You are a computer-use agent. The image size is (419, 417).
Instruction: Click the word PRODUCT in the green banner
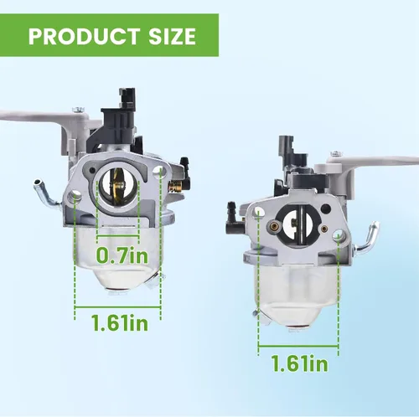click(84, 36)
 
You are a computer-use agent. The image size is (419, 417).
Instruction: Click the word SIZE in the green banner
click(172, 36)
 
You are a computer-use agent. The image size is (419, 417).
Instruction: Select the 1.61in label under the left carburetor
click(120, 322)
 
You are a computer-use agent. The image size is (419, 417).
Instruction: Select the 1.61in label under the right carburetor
click(300, 363)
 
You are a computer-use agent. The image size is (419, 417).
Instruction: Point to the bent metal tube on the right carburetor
click(366, 237)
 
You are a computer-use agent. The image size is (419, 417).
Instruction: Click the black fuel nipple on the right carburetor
click(234, 214)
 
